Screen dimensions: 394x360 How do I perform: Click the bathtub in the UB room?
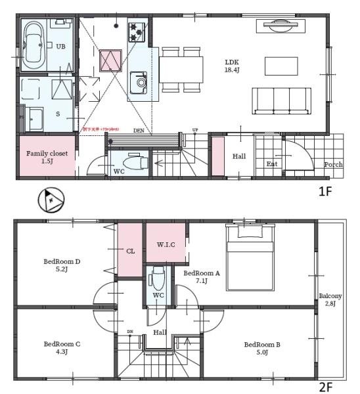pyautogui.click(x=33, y=45)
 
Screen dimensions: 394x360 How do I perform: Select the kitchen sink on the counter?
pyautogui.click(x=139, y=82)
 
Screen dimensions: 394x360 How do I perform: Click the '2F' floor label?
pyautogui.click(x=326, y=387)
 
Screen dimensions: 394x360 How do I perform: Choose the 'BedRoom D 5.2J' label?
pyautogui.click(x=62, y=265)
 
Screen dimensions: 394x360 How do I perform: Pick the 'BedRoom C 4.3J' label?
pyautogui.click(x=62, y=347)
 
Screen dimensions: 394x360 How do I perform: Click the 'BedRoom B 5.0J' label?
pyautogui.click(x=262, y=347)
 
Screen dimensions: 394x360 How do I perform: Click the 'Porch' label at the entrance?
pyautogui.click(x=332, y=164)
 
